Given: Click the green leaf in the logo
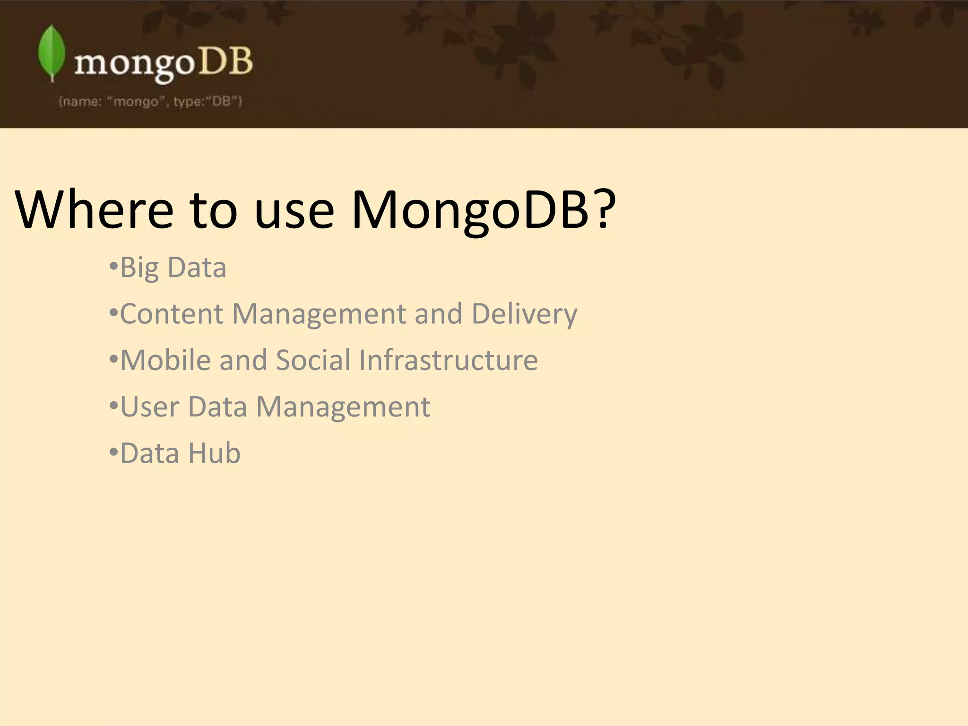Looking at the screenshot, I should pyautogui.click(x=52, y=53).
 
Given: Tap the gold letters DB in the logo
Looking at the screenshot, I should pyautogui.click(x=225, y=62).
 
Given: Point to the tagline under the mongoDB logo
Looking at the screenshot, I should pyautogui.click(x=150, y=102).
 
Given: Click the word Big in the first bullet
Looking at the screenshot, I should pyautogui.click(x=139, y=268).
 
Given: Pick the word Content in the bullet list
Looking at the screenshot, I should pyautogui.click(x=171, y=314).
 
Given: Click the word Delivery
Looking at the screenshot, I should pyautogui.click(x=524, y=315).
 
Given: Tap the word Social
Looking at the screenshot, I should pyautogui.click(x=313, y=360).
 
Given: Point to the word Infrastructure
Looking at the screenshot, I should pyautogui.click(x=448, y=360).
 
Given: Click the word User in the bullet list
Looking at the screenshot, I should pyautogui.click(x=150, y=406).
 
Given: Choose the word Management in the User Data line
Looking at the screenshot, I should pyautogui.click(x=343, y=407).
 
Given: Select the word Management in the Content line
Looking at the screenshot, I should pyautogui.click(x=319, y=314).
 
